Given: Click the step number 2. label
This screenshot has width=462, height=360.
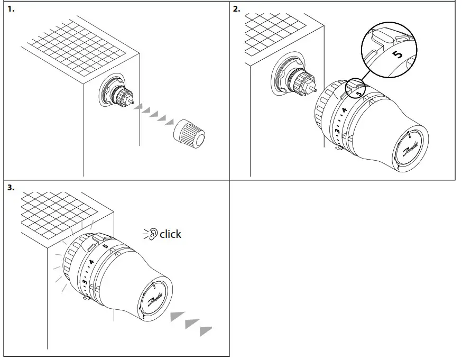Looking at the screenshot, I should [x=237, y=9].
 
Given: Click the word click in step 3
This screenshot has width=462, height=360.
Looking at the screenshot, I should [x=170, y=234].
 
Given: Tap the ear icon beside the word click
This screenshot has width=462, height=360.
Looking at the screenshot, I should [x=153, y=234].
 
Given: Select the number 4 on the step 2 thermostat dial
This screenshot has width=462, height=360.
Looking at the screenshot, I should [x=344, y=110].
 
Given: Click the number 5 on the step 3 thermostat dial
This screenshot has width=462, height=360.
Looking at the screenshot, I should [x=105, y=246].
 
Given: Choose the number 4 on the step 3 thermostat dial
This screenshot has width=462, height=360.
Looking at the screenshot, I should [x=91, y=262].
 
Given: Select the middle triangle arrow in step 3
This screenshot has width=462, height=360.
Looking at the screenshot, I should [x=191, y=323].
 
